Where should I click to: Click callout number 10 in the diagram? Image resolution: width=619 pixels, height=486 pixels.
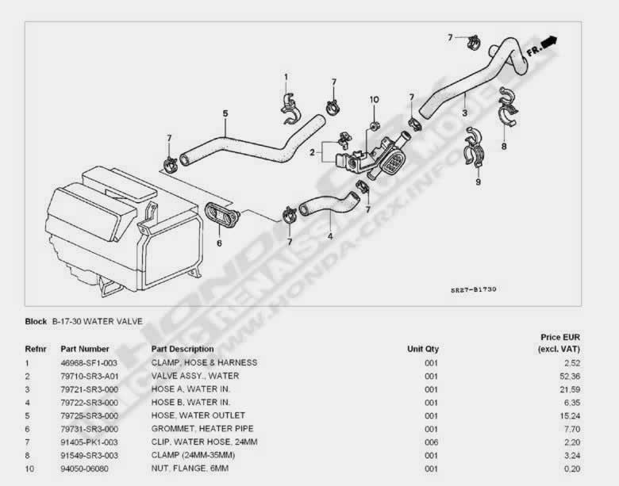point(374,100)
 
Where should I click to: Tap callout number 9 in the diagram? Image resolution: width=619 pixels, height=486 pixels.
point(478,182)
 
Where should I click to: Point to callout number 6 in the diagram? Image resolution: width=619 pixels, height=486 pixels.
point(220,243)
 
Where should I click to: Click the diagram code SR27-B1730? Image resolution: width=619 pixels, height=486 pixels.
point(474,291)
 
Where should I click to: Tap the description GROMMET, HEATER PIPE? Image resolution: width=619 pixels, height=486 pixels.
point(198,428)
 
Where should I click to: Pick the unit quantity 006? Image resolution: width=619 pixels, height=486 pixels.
point(431,442)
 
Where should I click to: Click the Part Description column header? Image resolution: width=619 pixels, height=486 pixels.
point(183,349)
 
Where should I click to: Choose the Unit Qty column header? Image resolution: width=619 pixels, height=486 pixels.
point(423,349)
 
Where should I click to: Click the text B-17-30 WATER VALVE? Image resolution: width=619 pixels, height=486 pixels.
point(97,322)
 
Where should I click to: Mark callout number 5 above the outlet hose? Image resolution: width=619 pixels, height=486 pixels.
point(225,114)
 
